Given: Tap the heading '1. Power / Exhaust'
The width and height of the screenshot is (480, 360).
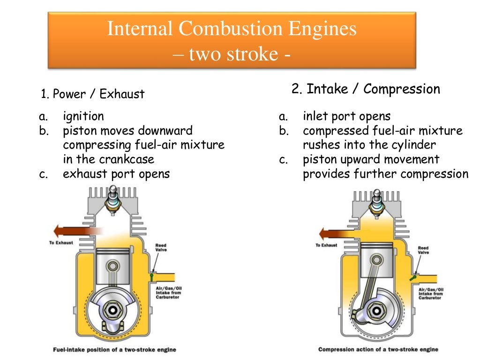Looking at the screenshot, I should click(93, 94).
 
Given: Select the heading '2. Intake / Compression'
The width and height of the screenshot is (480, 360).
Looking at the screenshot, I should click(366, 89).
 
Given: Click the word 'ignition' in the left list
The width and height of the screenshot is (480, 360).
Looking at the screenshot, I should click(83, 116).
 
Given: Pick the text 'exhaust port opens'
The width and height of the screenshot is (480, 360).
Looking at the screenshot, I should click(116, 174).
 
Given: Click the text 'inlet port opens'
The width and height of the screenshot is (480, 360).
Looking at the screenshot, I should click(346, 116).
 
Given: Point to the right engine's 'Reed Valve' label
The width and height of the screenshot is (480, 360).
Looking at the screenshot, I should click(423, 250).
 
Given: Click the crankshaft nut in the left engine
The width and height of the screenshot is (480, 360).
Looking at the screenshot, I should click(112, 310).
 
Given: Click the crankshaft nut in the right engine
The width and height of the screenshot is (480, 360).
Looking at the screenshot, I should click(376, 310).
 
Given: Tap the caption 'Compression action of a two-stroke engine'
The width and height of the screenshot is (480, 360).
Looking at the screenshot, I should click(378, 349).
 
